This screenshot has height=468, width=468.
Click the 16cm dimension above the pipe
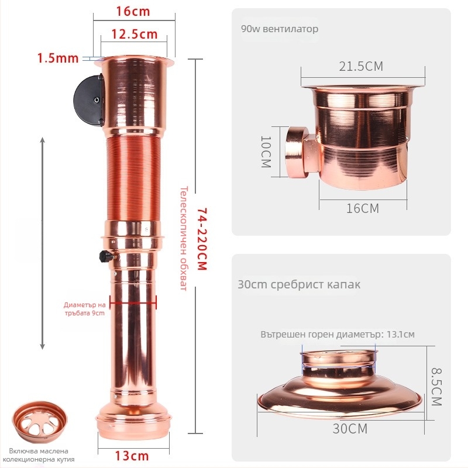coord(133,11)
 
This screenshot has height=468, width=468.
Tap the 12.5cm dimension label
coord(135,35)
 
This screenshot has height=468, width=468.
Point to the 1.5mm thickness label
coord(58,58)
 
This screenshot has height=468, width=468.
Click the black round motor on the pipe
coord(89,101)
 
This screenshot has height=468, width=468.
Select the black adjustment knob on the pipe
coord(106,256)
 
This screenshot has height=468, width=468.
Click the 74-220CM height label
coord(202,239)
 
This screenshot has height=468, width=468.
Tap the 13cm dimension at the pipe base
coord(132,456)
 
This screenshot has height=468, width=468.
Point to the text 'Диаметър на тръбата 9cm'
coord(84,309)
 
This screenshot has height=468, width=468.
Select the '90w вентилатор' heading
coord(280,29)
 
